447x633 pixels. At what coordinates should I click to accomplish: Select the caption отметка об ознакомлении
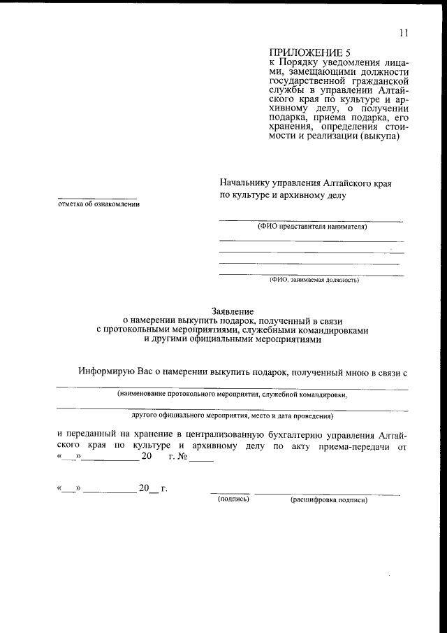pos(98,204)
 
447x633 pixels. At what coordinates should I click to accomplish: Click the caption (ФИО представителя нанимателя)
pos(312,227)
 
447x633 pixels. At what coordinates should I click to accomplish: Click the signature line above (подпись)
pos(230,494)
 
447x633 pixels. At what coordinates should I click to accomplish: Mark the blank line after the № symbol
pos(201,460)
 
